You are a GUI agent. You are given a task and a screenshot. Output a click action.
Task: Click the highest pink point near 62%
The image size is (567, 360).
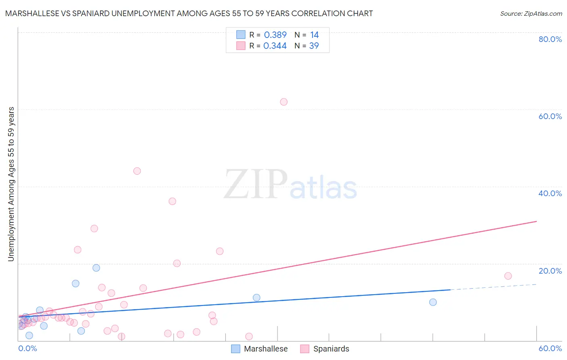(283, 102)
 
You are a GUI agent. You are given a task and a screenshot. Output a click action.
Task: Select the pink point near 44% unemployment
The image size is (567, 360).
(137, 171)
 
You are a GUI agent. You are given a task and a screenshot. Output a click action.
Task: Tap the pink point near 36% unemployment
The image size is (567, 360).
(172, 201)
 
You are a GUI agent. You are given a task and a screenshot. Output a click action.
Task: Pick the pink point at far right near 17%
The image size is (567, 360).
(508, 276)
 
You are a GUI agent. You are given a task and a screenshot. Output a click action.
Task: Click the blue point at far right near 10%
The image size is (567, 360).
(433, 302)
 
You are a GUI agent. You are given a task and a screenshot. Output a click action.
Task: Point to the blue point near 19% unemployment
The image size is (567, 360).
(96, 268)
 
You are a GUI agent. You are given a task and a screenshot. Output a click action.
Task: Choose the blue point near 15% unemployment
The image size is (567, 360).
(75, 283)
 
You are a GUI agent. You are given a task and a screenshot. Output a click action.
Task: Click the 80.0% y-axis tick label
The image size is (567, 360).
(550, 39)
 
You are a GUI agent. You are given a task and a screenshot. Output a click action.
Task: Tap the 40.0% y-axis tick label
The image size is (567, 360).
(550, 193)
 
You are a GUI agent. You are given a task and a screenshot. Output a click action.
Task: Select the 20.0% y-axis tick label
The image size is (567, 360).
(550, 271)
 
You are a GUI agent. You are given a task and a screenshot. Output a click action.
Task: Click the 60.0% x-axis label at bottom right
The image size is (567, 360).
(550, 348)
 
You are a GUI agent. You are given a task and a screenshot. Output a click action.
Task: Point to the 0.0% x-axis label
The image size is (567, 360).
(27, 348)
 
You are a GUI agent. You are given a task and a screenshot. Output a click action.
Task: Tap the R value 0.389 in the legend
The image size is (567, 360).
(275, 35)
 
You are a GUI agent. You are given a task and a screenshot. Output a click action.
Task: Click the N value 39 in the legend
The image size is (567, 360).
(314, 46)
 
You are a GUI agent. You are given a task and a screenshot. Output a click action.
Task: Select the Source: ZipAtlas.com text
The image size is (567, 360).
(531, 14)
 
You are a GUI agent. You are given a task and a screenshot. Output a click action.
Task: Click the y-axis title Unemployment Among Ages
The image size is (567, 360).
(11, 184)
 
